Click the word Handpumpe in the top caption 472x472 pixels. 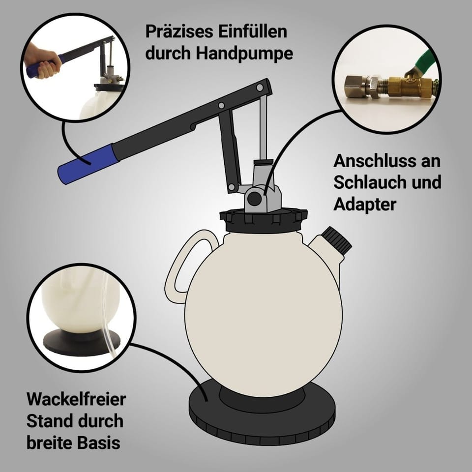(x=244, y=53)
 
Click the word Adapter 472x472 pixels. (x=364, y=205)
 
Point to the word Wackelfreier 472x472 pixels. (x=76, y=399)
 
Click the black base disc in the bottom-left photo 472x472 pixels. (x=81, y=341)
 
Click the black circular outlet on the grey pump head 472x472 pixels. (x=255, y=198)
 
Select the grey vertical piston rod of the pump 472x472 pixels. (x=263, y=128)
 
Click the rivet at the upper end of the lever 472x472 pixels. (x=259, y=88)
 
